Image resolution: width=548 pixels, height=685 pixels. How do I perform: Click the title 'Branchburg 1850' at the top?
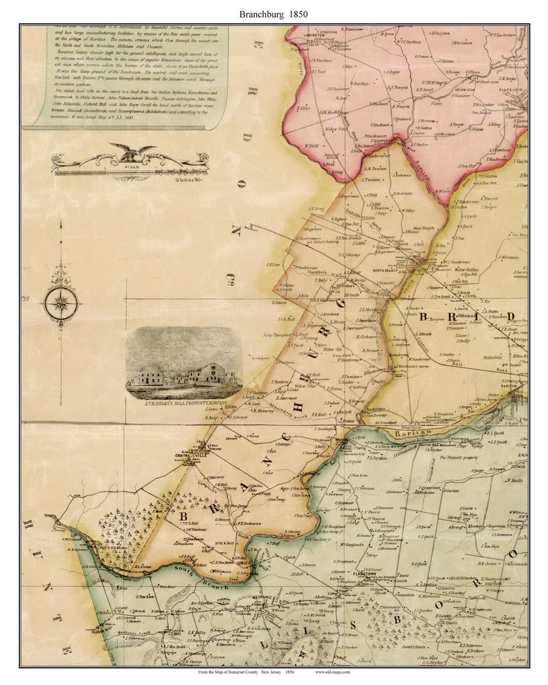point(273,14)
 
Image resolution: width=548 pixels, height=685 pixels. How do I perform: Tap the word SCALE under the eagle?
point(131,167)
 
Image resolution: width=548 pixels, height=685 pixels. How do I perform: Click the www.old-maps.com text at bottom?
point(332,672)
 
